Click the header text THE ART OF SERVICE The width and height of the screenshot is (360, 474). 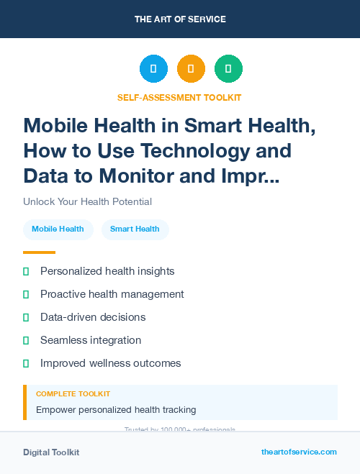[180, 19]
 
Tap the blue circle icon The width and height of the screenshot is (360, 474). [153, 68]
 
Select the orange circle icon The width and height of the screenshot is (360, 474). [191, 68]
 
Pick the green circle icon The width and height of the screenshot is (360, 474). [228, 68]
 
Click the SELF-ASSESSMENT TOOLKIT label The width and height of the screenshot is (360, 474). [179, 97]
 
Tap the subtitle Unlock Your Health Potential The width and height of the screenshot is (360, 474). [87, 201]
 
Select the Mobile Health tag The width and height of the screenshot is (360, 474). [58, 229]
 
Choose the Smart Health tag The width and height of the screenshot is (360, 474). [135, 229]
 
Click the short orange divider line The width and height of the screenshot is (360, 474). [39, 252]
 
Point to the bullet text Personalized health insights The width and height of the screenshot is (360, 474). [107, 271]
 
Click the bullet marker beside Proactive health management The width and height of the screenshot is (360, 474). [26, 294]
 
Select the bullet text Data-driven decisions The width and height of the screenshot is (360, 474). [93, 317]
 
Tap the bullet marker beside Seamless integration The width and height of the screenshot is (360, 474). [26, 340]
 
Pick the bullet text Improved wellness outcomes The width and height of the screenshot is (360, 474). [110, 363]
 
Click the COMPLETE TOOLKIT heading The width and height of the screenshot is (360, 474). [73, 394]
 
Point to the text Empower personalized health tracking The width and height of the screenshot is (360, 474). [116, 410]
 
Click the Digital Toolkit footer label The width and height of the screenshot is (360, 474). [51, 452]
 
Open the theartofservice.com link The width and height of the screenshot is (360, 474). [299, 452]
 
